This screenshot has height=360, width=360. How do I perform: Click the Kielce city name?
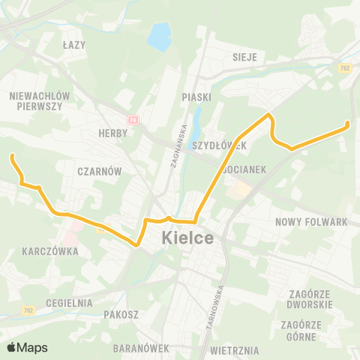pyautogui.click(x=187, y=238)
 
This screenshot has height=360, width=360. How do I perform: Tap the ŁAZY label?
pyautogui.click(x=74, y=45)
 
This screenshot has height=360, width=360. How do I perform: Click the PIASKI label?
pyautogui.click(x=196, y=97)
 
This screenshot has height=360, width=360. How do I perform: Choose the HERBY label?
pyautogui.click(x=112, y=133)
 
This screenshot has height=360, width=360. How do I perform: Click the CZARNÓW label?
pyautogui.click(x=99, y=171)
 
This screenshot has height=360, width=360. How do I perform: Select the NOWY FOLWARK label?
pyautogui.click(x=311, y=222)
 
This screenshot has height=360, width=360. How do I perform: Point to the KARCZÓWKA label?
pyautogui.click(x=50, y=252)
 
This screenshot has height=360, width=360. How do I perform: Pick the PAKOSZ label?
pyautogui.click(x=121, y=315)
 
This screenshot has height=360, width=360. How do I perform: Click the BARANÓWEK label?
pyautogui.click(x=139, y=349)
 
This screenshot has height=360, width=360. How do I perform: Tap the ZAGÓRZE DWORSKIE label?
pyautogui.click(x=308, y=300)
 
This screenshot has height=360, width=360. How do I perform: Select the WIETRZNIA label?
pyautogui.click(x=235, y=350)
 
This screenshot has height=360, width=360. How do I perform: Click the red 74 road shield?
pyautogui.click(x=133, y=119)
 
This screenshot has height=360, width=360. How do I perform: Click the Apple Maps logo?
pyautogui.click(x=26, y=347)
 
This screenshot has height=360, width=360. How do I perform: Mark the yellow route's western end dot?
pyautogui.click(x=12, y=156)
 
